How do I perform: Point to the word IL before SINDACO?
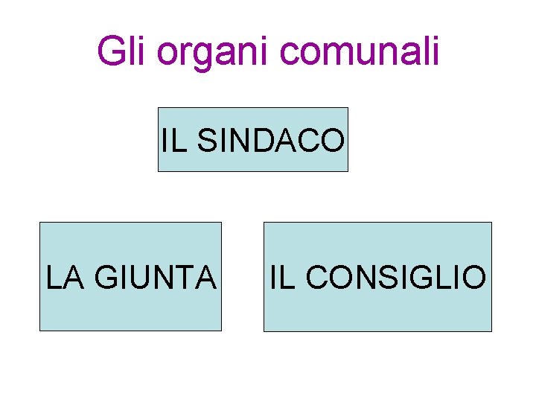(173, 141)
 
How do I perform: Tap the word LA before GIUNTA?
(63, 277)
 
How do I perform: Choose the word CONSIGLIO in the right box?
(395, 277)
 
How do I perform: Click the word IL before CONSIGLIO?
(281, 277)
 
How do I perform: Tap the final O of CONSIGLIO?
(474, 277)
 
